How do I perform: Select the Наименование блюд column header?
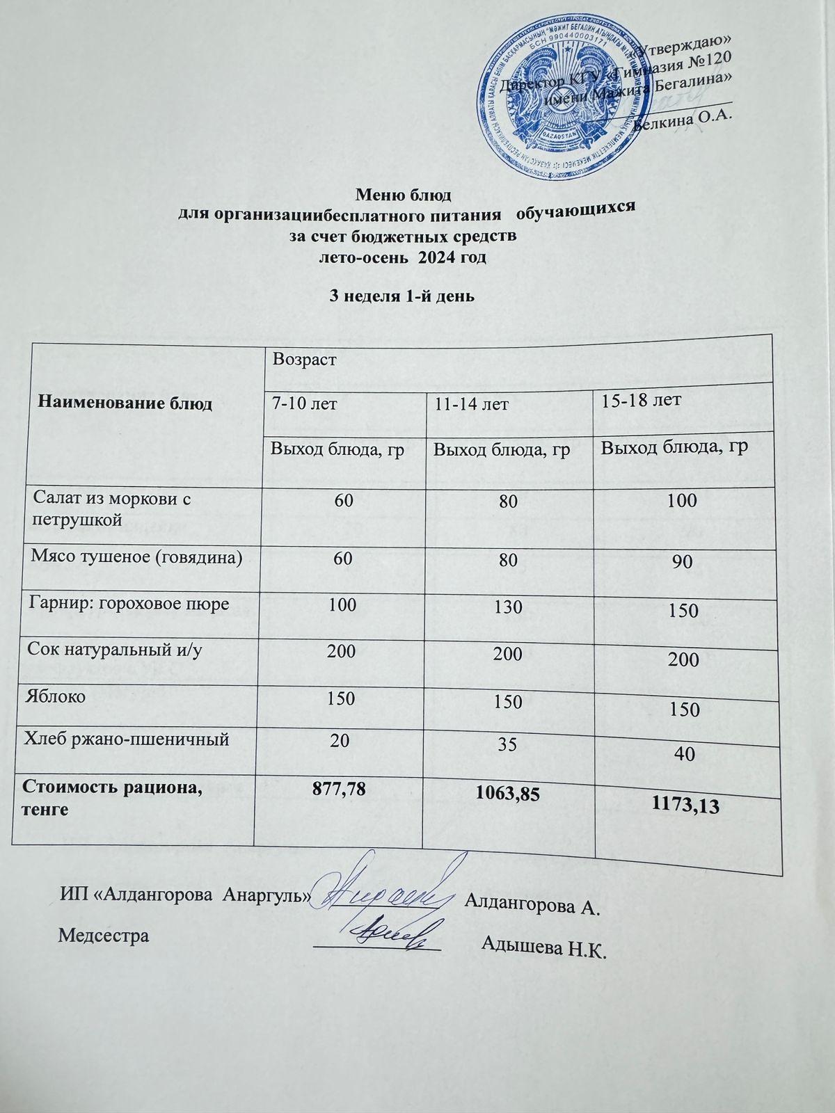[125, 403]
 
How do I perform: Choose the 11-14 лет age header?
[468, 404]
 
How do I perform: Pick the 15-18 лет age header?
[640, 401]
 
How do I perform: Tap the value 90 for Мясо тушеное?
[683, 562]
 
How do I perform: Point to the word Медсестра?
[104, 935]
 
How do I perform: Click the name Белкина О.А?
[686, 120]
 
